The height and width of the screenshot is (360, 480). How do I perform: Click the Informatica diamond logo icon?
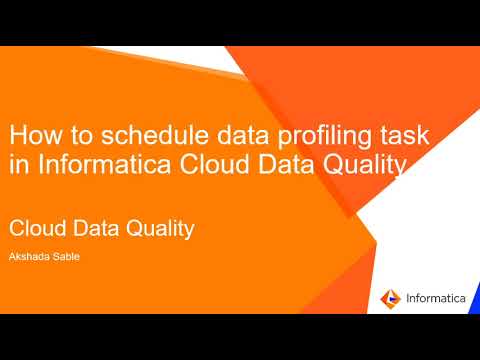tap(390, 297)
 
